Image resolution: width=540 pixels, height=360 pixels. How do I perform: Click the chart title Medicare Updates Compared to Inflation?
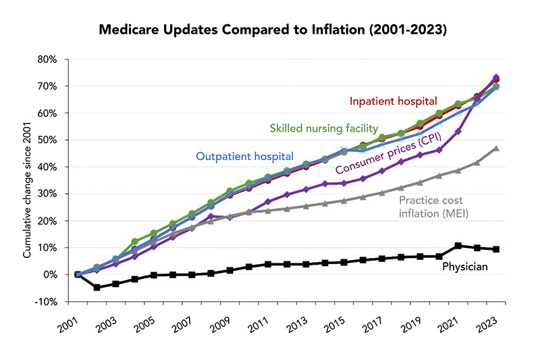270,30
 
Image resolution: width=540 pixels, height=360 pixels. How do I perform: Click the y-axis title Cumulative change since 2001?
28,179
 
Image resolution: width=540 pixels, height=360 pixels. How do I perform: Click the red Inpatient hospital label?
393,101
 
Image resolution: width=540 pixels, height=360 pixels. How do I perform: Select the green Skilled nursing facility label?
323,127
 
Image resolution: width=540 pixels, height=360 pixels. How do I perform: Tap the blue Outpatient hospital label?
244,156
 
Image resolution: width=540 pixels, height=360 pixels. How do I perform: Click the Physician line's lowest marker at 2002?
97,287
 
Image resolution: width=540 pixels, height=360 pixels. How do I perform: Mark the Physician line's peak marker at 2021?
458,246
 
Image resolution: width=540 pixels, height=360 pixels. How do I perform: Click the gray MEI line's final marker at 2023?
496,148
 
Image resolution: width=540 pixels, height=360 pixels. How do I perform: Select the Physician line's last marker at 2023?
496,249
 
